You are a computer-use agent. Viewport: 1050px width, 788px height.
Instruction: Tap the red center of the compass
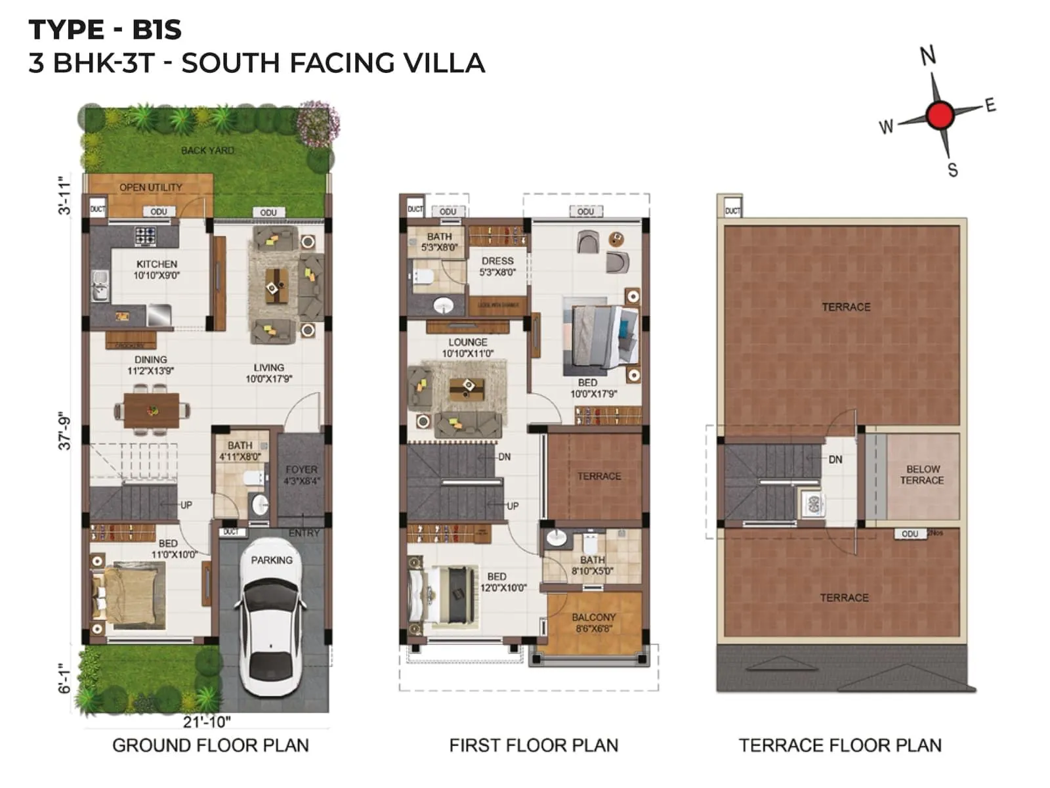coord(940,116)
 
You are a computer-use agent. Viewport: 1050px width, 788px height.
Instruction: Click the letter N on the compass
coord(927,56)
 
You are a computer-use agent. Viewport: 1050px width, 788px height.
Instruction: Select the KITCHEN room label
coord(157,264)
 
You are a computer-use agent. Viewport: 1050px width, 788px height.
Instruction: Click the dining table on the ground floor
coord(152,410)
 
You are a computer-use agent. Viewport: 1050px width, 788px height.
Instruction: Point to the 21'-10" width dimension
coord(207,722)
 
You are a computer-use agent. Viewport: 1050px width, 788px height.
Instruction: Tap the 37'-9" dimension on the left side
coord(64,431)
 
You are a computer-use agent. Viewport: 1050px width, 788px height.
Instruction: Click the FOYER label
coord(301,470)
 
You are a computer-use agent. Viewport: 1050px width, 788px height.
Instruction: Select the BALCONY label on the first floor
coord(593,617)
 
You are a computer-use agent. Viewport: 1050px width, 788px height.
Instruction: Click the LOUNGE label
coord(467,342)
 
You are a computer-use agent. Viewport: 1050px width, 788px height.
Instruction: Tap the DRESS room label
coord(497,261)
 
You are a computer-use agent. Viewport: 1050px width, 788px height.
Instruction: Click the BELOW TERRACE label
coord(922,475)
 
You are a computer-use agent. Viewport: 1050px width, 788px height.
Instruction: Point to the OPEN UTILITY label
coord(150,187)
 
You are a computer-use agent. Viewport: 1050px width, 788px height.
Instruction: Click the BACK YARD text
coord(207,150)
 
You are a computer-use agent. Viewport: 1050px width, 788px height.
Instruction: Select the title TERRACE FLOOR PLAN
coord(839,745)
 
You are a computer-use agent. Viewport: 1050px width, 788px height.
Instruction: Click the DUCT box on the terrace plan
coord(732,211)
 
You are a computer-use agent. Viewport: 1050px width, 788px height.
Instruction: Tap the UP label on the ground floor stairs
coord(186,505)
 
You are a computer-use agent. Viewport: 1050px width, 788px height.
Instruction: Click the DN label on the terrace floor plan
coord(835,460)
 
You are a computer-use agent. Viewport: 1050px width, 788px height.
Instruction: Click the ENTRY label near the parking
coord(304,533)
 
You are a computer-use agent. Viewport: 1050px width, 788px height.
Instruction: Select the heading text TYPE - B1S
coord(105,30)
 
